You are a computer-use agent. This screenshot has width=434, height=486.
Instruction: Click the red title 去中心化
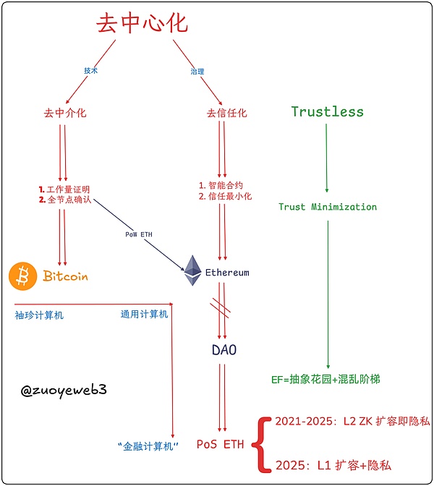[x=142, y=23]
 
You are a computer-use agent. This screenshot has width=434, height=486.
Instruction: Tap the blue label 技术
[x=90, y=71]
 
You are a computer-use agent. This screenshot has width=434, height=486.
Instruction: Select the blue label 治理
[x=196, y=71]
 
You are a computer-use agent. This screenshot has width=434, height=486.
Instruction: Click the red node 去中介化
[x=65, y=113]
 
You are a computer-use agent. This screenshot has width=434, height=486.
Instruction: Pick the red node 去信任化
[x=226, y=113]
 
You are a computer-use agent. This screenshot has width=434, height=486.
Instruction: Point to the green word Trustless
[x=327, y=111]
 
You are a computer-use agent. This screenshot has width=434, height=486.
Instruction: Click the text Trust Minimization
[x=328, y=207]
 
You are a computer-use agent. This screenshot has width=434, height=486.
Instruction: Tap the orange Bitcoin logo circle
[x=22, y=276]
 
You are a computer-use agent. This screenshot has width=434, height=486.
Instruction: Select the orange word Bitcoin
[x=65, y=276]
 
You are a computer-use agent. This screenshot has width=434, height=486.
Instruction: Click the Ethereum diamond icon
[x=192, y=270]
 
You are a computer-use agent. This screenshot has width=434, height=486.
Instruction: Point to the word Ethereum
[x=227, y=273]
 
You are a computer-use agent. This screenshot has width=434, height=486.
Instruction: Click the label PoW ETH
[x=140, y=234]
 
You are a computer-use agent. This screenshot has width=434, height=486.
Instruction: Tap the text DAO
[x=224, y=350]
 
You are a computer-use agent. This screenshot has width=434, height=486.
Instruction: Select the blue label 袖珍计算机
[x=39, y=315]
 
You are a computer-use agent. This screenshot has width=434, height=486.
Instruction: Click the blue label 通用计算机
[x=144, y=314]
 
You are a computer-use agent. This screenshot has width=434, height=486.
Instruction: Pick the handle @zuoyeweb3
[x=64, y=389]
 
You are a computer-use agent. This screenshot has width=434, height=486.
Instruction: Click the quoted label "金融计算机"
[x=148, y=445]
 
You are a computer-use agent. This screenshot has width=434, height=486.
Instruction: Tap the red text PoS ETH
[x=220, y=444]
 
